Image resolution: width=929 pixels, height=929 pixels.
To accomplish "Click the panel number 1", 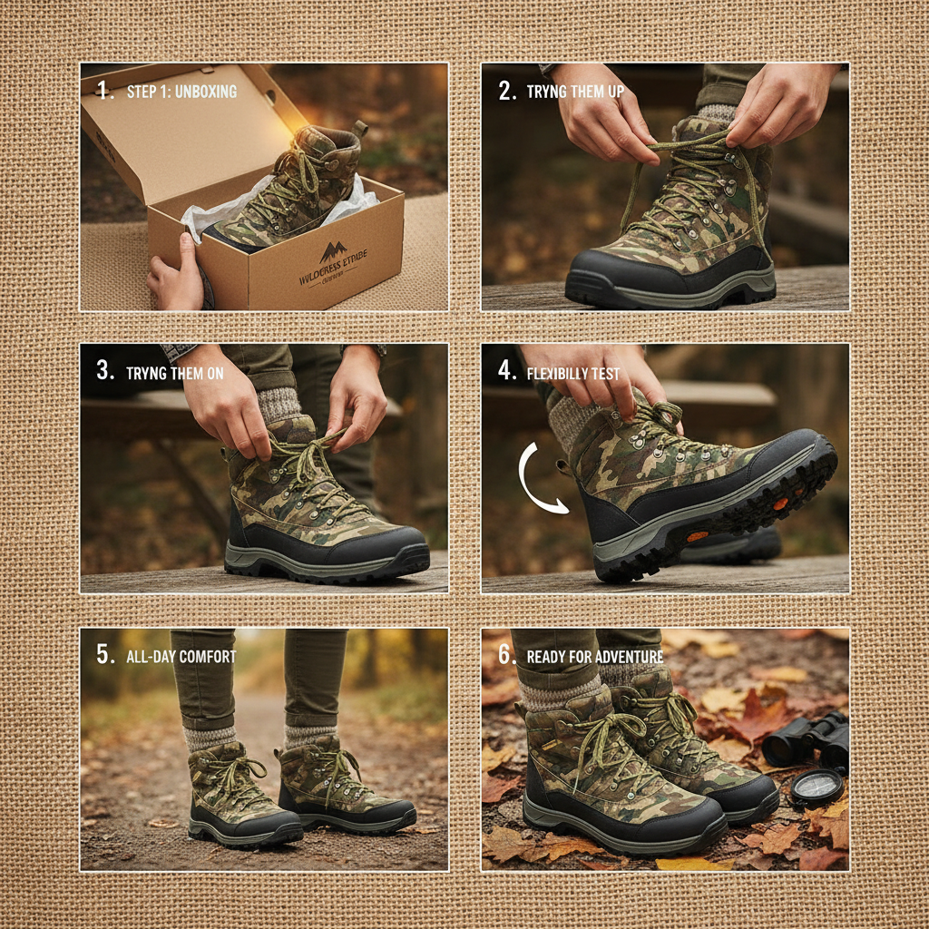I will coord(103,92).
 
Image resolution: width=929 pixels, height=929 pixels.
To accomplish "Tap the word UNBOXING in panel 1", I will coord(207,92).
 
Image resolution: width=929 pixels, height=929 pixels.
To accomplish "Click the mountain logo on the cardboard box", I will coord(333,251).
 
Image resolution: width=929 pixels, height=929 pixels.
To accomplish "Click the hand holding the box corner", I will coord(178,273).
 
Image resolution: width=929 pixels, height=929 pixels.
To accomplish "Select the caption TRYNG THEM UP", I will coord(574,93).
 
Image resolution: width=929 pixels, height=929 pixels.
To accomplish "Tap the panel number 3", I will coord(105,372).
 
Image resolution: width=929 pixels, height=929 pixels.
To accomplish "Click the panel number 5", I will coord(105,656).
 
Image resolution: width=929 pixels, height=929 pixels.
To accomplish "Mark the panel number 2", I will coord(506,92).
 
